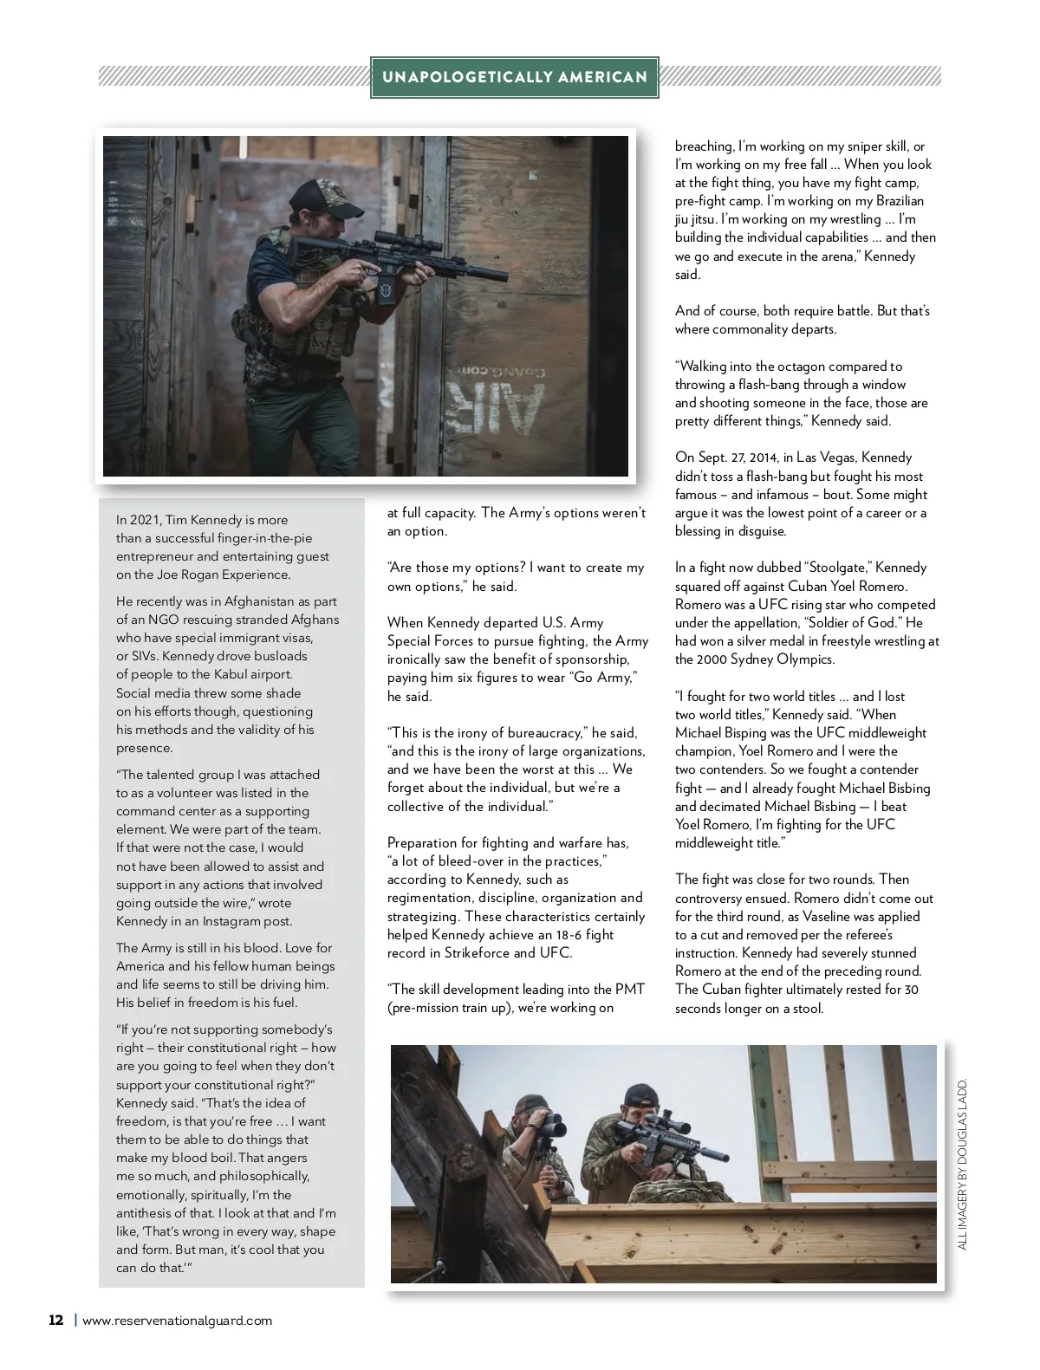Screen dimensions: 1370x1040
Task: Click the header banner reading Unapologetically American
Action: pyautogui.click(x=515, y=77)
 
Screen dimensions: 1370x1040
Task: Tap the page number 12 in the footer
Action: pyautogui.click(x=55, y=1321)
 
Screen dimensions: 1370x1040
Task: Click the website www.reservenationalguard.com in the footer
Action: pyautogui.click(x=177, y=1321)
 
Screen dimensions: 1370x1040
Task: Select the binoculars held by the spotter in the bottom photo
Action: pyautogui.click(x=545, y=1127)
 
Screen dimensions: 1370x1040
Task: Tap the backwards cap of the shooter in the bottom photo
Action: pyautogui.click(x=639, y=1094)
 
